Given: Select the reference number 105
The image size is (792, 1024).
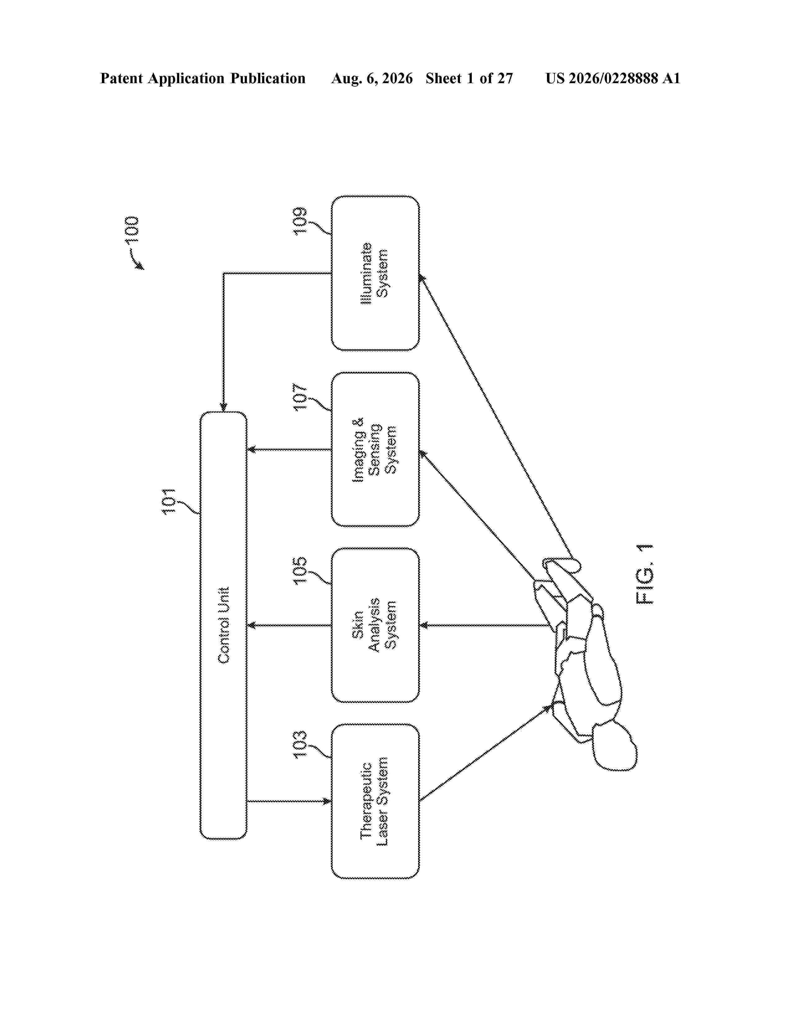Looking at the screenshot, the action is [x=300, y=570].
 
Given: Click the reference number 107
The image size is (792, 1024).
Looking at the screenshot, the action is [x=300, y=397].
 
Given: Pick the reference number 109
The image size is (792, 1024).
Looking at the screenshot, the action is [x=300, y=221].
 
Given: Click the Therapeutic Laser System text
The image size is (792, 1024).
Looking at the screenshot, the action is [x=375, y=801].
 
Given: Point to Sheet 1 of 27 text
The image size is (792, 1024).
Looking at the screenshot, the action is [x=469, y=78].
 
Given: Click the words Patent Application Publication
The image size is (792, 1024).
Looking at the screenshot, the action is [x=203, y=78].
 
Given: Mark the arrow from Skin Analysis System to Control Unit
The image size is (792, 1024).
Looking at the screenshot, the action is [x=289, y=625].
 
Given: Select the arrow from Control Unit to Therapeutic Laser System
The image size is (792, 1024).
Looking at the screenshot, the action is [x=289, y=801].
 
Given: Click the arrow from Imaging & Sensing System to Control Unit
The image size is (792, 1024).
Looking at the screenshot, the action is [x=289, y=450].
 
